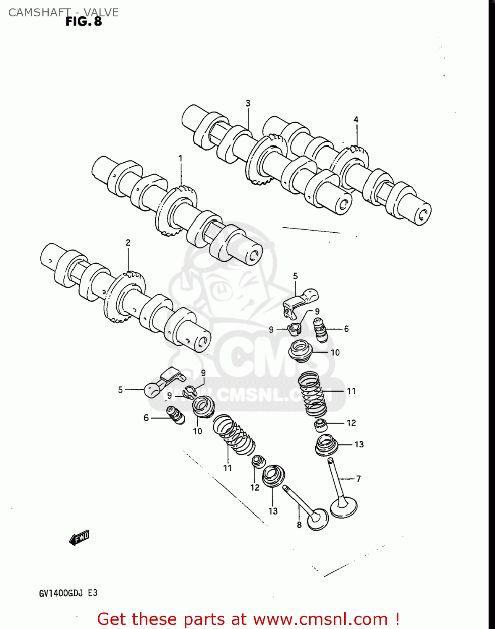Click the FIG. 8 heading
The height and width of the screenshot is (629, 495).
click(84, 22)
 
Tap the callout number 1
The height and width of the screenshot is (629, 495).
click(181, 159)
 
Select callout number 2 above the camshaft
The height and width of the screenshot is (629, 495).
click(128, 242)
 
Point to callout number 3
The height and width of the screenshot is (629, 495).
click(248, 103)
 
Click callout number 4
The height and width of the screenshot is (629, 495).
click(356, 120)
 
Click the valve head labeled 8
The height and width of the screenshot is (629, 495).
click(318, 520)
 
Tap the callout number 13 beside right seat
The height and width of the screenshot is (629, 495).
click(359, 444)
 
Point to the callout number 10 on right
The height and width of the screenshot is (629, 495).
click(335, 353)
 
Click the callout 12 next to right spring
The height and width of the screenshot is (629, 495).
click(351, 423)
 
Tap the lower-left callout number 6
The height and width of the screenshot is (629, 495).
click(146, 418)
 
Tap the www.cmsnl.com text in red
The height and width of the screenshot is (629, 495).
click(320, 619)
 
